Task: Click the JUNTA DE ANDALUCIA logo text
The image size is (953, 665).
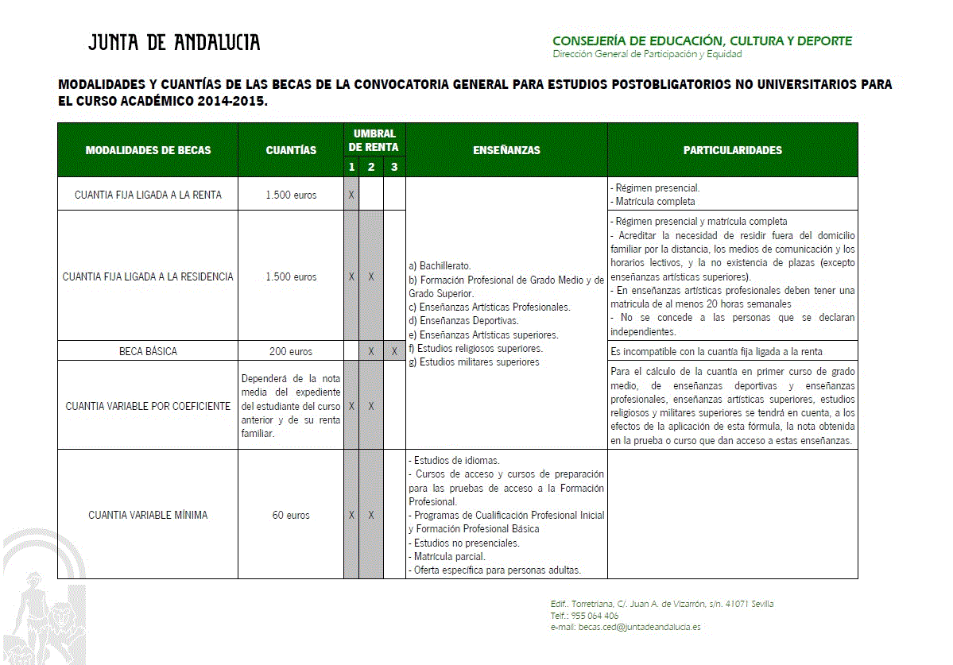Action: coord(174,43)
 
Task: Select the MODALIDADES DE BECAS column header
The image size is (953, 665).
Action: coord(148,150)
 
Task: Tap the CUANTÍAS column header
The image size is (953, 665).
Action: coord(291,150)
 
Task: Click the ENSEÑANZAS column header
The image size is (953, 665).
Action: coord(506,150)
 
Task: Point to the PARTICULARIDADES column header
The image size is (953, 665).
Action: coord(732,150)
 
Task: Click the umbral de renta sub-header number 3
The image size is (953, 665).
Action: coord(394,167)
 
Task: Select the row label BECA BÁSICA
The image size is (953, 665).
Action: coord(148,351)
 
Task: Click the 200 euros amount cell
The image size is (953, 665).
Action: coord(291,351)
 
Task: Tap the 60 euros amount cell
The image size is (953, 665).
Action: coord(291,515)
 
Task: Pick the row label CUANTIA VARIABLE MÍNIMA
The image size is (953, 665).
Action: coord(148,515)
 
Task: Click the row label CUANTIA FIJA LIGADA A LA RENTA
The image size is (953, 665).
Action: coord(148,195)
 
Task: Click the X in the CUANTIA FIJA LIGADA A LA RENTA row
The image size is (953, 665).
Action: coord(351,195)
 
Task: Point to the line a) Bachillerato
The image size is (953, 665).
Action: coord(440,265)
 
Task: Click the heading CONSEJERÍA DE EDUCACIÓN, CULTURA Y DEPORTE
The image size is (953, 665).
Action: coord(702,41)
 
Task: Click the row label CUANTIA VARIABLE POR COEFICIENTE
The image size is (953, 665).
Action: coord(148,406)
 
